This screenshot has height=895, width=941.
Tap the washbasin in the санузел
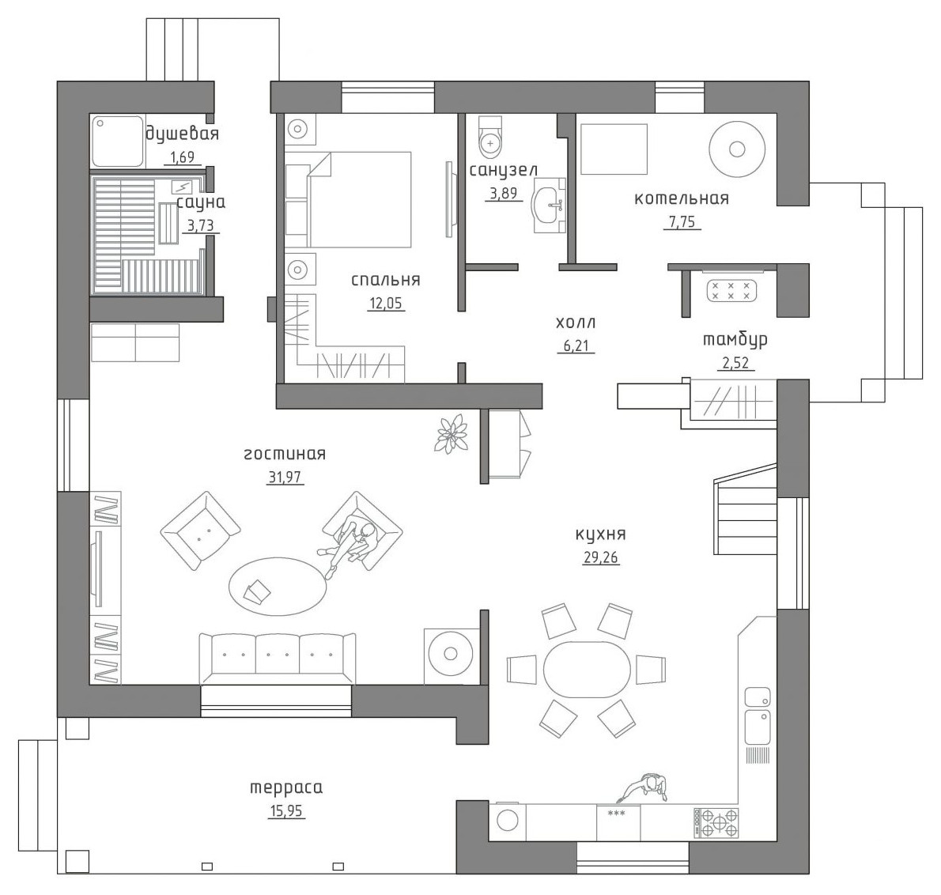(549, 204)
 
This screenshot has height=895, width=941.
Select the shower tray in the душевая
(118, 141)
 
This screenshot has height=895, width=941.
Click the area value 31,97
(285, 478)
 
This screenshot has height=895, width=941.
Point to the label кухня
(601, 534)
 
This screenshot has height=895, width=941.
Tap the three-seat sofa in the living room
(278, 658)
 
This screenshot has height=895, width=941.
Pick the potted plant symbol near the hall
(452, 432)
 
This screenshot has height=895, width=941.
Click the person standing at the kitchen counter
(646, 787)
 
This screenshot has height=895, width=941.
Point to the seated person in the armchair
(350, 543)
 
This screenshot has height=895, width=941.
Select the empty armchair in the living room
(200, 531)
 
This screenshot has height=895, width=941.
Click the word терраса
(286, 787)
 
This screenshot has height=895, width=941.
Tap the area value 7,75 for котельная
(682, 222)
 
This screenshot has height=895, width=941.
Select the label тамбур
(735, 339)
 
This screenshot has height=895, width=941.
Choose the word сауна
(201, 202)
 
